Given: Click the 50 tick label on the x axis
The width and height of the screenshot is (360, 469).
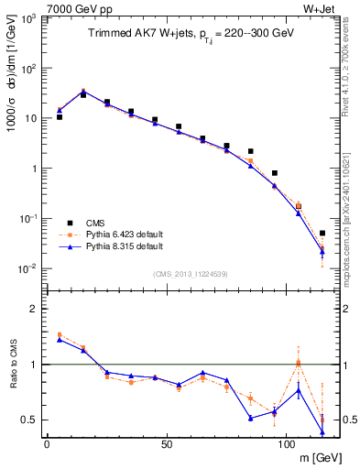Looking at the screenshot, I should click(x=166, y=443).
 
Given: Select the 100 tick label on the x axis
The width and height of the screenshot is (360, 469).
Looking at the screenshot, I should click(x=285, y=443).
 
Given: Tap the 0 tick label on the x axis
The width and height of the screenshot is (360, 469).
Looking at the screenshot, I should click(x=47, y=443).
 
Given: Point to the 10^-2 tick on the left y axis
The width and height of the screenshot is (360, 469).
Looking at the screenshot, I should click(x=29, y=268).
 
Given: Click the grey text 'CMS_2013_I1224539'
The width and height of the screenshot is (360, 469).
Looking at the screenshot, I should click(x=190, y=273).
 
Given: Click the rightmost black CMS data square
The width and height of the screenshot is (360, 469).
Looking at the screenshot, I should click(x=322, y=234).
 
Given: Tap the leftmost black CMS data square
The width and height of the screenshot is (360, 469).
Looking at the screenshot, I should click(x=60, y=117).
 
